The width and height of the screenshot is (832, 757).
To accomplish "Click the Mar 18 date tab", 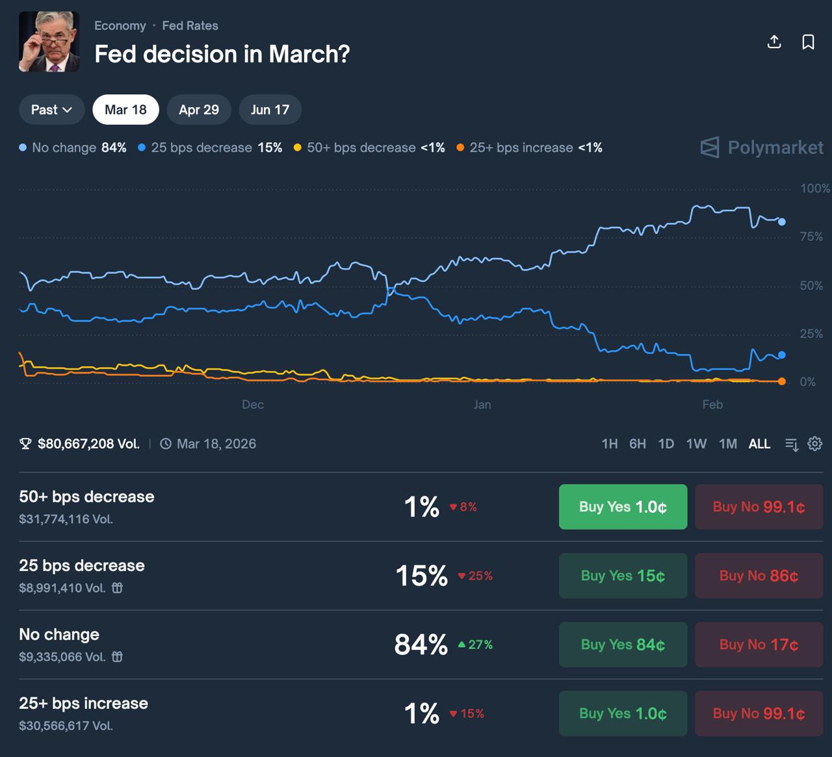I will click(125, 110).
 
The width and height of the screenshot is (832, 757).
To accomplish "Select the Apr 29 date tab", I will click(199, 110).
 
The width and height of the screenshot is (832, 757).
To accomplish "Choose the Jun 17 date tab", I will click(270, 110).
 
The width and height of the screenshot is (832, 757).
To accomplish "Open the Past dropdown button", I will click(51, 110).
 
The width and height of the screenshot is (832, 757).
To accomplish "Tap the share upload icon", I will click(774, 42).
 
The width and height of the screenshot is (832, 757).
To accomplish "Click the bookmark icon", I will click(808, 42).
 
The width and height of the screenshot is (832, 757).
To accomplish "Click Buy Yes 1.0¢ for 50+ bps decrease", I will click(623, 507).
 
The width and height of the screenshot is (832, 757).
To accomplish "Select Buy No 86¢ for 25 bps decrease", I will click(759, 576).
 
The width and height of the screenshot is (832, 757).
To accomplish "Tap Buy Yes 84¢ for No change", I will click(623, 645).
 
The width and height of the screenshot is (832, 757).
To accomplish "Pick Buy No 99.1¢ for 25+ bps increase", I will click(759, 713).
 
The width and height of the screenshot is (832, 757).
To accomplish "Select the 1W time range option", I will click(696, 444).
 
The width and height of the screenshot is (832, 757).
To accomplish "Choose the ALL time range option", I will click(759, 444).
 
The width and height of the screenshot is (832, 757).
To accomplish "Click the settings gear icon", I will click(814, 444).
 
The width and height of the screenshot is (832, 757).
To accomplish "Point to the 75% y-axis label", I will click(811, 237).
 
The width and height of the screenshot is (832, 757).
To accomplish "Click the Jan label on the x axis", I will click(482, 404).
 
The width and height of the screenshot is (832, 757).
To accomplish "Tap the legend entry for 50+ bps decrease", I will click(369, 148).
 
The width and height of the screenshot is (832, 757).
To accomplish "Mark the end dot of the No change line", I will click(782, 222).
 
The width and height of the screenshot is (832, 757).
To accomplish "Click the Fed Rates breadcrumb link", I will click(190, 25).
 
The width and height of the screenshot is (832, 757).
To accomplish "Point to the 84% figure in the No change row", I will click(421, 645).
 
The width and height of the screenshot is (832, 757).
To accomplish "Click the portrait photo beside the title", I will click(49, 42).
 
